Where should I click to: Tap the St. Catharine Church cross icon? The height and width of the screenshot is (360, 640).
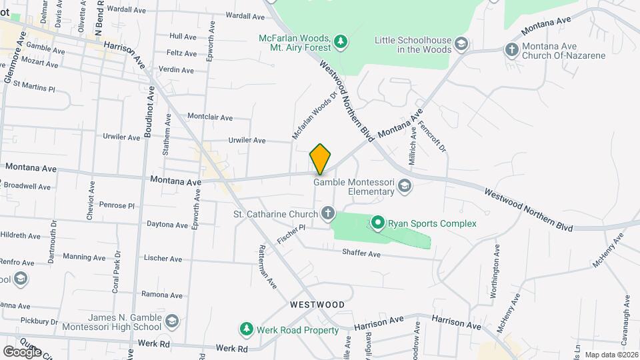click(x=327, y=214)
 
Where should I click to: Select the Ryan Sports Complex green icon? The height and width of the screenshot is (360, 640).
click(x=378, y=223)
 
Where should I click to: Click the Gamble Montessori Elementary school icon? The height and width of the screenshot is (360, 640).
click(x=405, y=186)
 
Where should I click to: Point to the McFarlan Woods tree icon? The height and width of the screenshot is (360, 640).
click(x=341, y=42)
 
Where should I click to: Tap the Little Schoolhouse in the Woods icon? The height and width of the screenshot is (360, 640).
click(x=460, y=45)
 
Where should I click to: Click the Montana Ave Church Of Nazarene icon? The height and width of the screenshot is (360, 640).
click(x=511, y=50)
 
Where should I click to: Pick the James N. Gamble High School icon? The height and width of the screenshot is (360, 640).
click(x=172, y=322)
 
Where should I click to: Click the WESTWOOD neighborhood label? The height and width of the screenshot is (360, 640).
click(x=317, y=305)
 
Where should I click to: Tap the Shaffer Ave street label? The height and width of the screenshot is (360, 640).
click(x=361, y=254)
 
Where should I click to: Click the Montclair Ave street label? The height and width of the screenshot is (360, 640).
click(x=209, y=117)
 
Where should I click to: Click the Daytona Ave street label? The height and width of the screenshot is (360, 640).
click(x=164, y=225)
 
